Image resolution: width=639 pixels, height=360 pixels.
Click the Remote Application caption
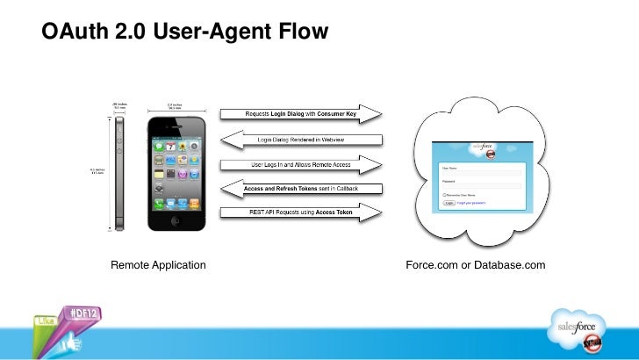tap(157, 264)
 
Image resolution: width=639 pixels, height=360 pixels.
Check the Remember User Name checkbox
tap(444, 195)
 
